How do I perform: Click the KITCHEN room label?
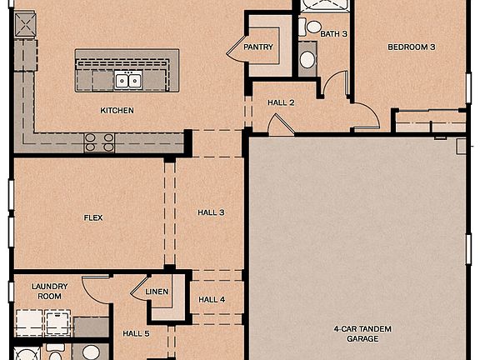(x=117, y=110)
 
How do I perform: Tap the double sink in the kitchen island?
(x=127, y=80)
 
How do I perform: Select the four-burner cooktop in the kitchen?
(x=99, y=142)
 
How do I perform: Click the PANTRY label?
(x=258, y=47)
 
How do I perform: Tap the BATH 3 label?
(x=333, y=34)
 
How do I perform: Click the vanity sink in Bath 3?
(x=307, y=59)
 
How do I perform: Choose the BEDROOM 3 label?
(x=411, y=47)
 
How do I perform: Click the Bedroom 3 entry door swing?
(x=365, y=117)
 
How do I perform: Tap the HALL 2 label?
(x=281, y=102)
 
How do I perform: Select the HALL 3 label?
(x=211, y=212)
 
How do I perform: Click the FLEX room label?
(x=93, y=217)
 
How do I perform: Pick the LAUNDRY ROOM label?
(x=49, y=291)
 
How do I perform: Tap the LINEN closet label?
(x=157, y=292)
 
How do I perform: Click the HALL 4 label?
(x=211, y=299)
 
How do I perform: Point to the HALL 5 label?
(x=136, y=333)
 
